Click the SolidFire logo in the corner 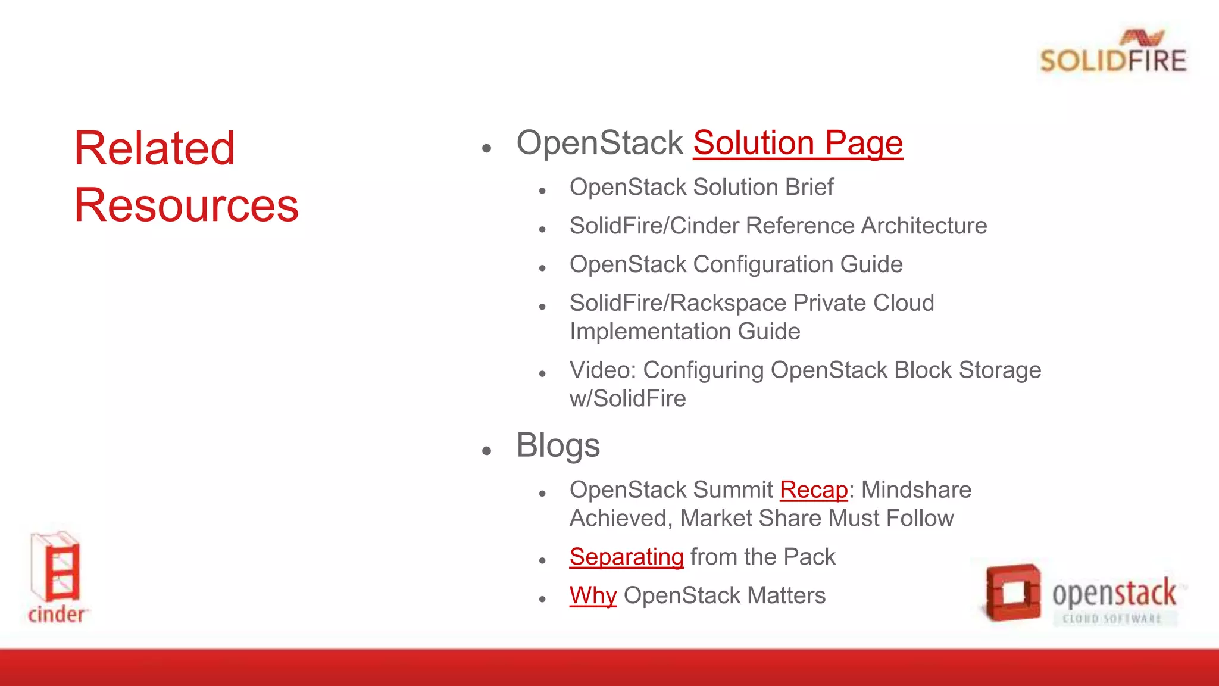coord(1112,52)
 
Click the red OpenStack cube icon coord(1012,592)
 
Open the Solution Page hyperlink coord(798,143)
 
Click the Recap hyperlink coord(813,490)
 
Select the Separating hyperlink coord(626,557)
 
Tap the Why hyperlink coord(593,595)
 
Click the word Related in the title coord(154,148)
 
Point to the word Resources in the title coord(186,205)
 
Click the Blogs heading coord(558,445)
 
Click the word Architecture coord(924,226)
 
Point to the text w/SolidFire coord(627,399)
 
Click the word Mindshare coord(916,490)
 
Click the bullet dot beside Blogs coord(487,450)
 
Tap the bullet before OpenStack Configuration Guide coord(542,269)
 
